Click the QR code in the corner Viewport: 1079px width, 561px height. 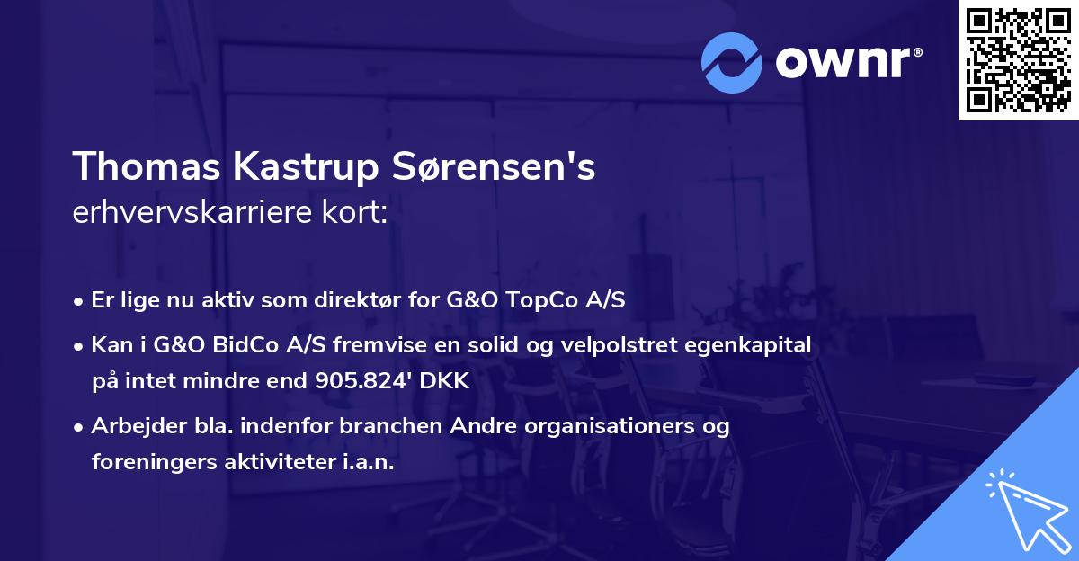pyautogui.click(x=1018, y=60)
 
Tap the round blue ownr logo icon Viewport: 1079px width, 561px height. pyautogui.click(x=732, y=62)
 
